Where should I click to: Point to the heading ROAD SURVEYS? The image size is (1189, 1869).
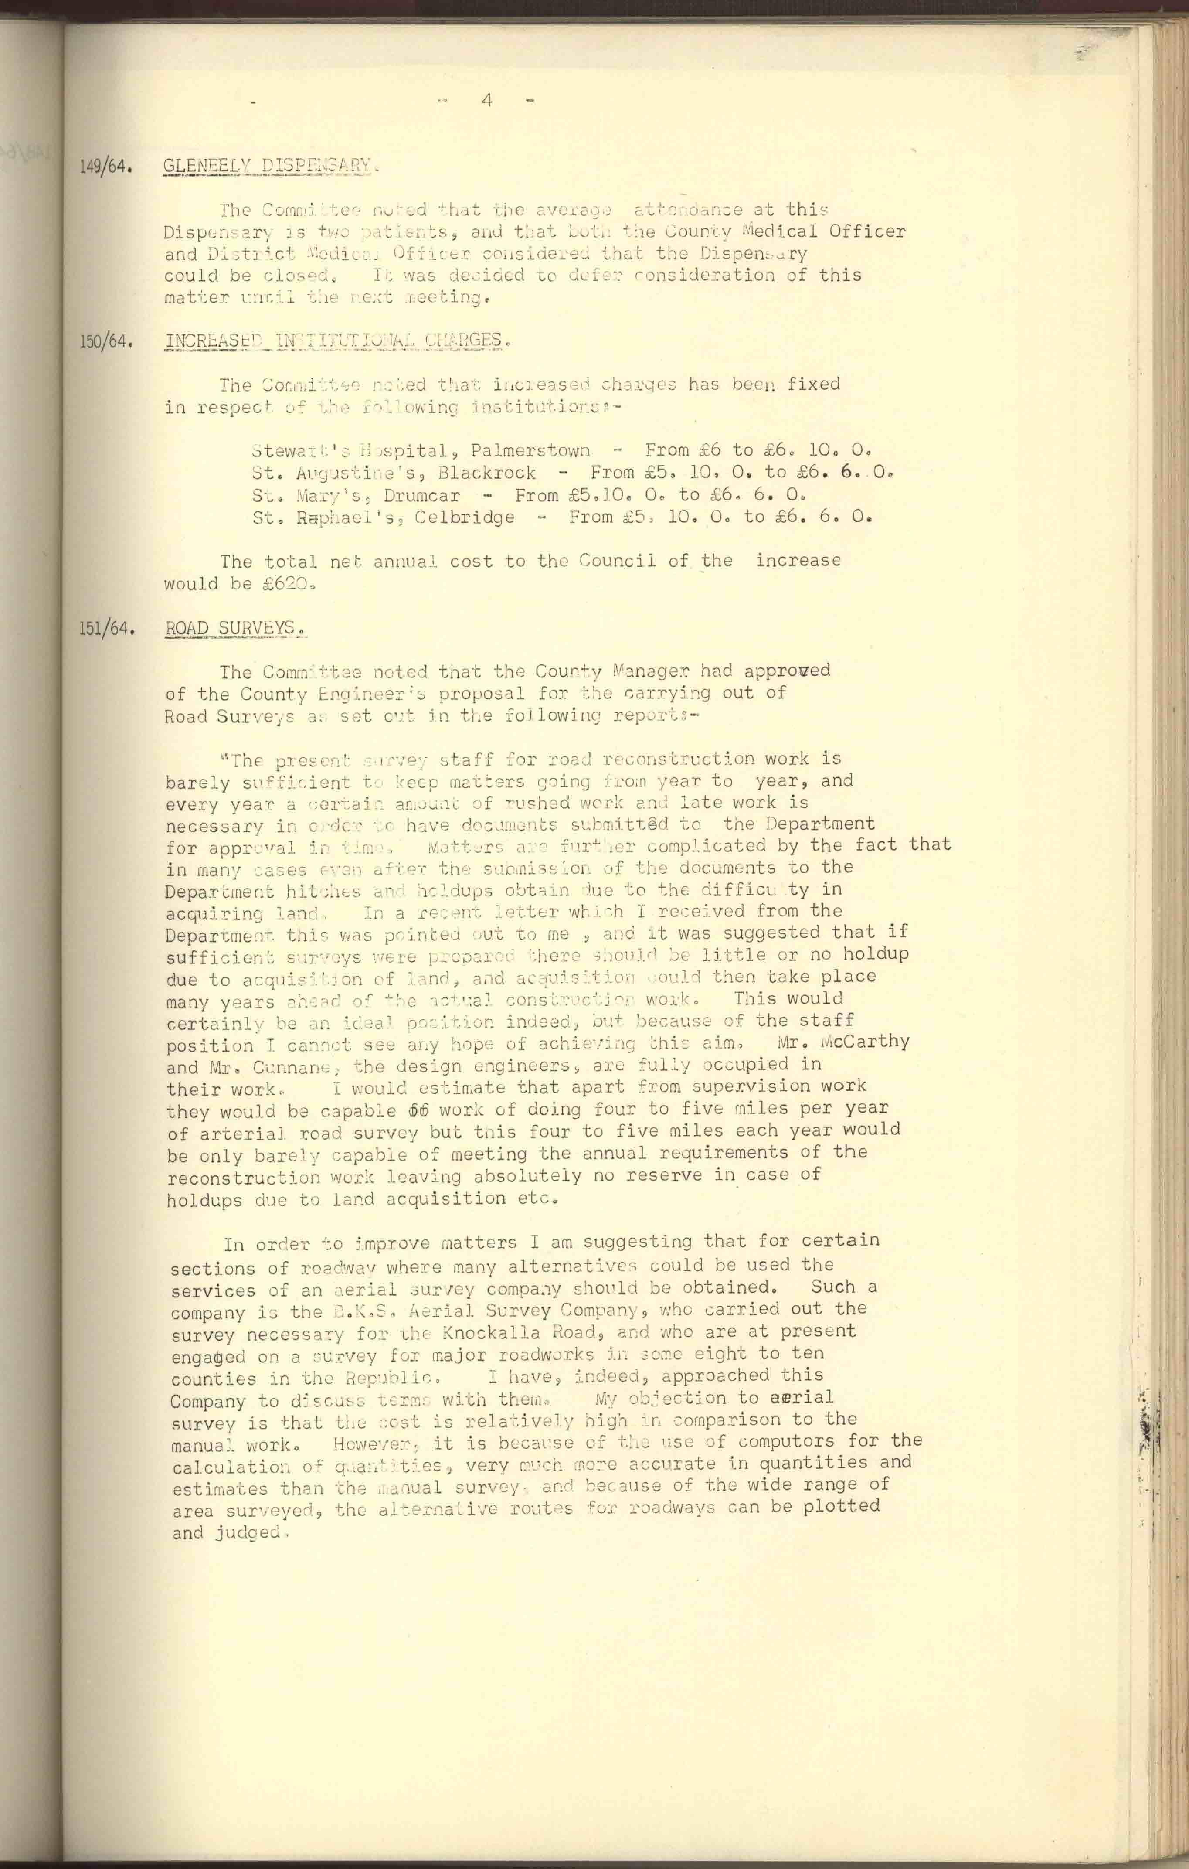pyautogui.click(x=233, y=627)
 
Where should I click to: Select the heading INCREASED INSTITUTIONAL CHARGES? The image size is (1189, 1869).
pyautogui.click(x=334, y=340)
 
